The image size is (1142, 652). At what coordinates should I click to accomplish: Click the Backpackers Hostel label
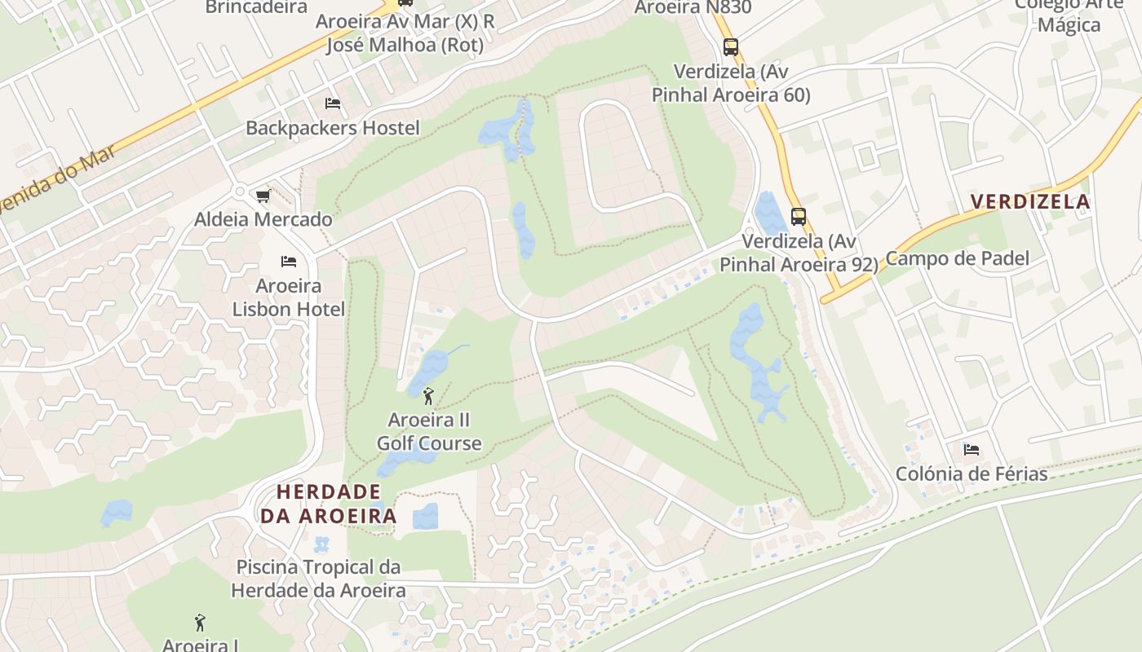333,128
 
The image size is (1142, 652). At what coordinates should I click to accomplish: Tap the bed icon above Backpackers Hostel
333,104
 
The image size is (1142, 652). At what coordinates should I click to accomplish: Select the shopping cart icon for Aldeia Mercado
263,196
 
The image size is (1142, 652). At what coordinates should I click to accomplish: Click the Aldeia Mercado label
263,219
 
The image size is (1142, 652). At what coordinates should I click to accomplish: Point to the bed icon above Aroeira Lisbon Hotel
289,262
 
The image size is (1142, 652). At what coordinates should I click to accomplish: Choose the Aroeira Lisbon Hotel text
289,297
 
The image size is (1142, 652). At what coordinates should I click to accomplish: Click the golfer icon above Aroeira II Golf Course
429,396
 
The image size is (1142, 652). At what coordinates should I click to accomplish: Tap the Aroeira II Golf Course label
429,432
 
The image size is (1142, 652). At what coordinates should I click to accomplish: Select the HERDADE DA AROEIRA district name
329,504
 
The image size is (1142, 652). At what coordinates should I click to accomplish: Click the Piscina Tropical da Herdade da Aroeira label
318,579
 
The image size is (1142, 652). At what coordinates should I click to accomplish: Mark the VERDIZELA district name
1030,201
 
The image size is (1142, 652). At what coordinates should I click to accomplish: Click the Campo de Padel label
957,258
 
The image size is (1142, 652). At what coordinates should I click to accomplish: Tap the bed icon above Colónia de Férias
972,450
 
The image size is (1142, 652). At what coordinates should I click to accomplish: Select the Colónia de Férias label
972,474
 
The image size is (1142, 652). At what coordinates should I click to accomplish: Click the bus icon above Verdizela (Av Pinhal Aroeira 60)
731,47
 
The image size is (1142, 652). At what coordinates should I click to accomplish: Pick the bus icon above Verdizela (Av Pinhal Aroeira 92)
799,217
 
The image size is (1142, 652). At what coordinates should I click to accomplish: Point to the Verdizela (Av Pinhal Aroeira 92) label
799,253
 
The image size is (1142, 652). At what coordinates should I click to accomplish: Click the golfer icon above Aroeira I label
200,623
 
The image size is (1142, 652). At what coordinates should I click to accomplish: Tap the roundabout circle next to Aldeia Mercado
240,192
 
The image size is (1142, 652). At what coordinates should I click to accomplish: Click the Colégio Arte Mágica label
1069,15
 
